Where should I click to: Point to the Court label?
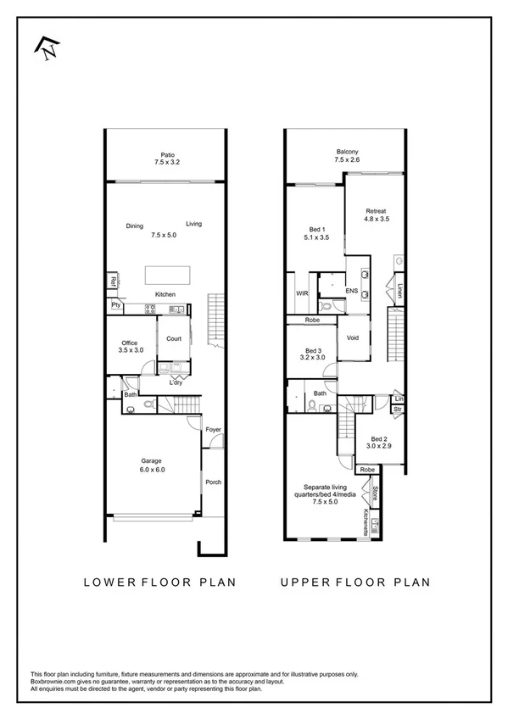pos(174,338)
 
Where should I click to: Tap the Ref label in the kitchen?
pos(112,281)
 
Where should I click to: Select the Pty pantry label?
pos(114,304)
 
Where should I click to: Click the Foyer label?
pos(214,430)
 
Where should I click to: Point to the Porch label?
pos(214,482)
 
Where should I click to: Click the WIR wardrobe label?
pos(301,294)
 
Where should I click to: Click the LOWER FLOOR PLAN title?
pos(159,582)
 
